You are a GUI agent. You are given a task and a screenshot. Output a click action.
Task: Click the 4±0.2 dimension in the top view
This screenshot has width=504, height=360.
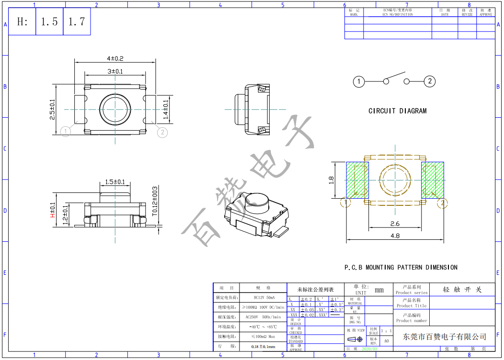coord(115,58)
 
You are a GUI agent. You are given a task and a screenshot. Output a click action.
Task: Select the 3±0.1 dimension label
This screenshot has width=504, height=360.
coord(115,71)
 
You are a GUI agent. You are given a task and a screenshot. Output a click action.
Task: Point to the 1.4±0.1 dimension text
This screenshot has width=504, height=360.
coord(166,109)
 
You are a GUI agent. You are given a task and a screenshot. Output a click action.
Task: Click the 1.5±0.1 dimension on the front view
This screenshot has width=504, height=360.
coord(115,182)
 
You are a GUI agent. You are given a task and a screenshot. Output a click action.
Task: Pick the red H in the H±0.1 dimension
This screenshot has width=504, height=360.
coord(53,215)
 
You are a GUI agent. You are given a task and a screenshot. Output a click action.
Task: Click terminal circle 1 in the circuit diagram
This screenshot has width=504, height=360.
coord(359,81)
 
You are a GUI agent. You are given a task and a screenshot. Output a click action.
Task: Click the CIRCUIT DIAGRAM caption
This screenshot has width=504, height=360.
coord(397,111)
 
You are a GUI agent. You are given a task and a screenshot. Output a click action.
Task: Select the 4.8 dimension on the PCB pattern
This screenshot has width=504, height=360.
coord(395,236)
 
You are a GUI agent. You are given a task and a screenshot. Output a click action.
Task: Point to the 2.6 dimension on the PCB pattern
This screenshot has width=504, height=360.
coord(395,224)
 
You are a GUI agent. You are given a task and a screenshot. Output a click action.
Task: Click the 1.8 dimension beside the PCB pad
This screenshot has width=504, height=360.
coord(331,180)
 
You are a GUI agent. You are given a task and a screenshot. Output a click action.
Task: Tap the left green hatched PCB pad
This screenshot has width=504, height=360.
coord(357,180)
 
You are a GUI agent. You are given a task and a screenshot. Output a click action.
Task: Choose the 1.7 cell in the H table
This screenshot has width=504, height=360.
coord(77,22)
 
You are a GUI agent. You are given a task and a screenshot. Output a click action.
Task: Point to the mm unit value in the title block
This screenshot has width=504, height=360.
coord(379,290)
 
